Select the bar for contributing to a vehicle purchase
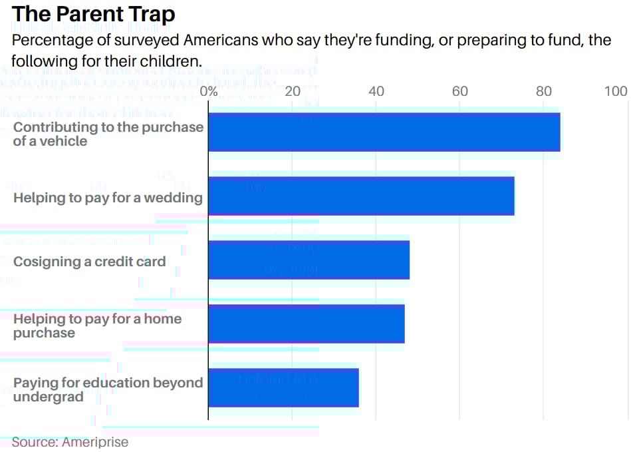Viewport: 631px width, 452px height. pos(384,132)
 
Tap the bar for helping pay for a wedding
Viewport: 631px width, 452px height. pos(361,196)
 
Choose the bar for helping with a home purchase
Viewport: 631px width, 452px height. pos(306,324)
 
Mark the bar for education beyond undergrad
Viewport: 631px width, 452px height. pos(283,387)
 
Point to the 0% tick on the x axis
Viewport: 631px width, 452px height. pos(209,91)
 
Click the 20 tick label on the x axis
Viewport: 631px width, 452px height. pos(293,91)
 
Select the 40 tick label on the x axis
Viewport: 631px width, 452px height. pos(376,91)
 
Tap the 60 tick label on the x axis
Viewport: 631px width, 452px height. pos(460,91)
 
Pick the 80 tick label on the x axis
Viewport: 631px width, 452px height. pos(543,91)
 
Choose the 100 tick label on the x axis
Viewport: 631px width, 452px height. pos(616,91)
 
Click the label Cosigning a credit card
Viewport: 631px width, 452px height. pos(89,262)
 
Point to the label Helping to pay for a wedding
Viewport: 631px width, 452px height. pos(108,198)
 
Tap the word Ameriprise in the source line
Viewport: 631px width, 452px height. pos(95,442)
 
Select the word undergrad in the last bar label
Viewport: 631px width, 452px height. pos(48,397)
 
